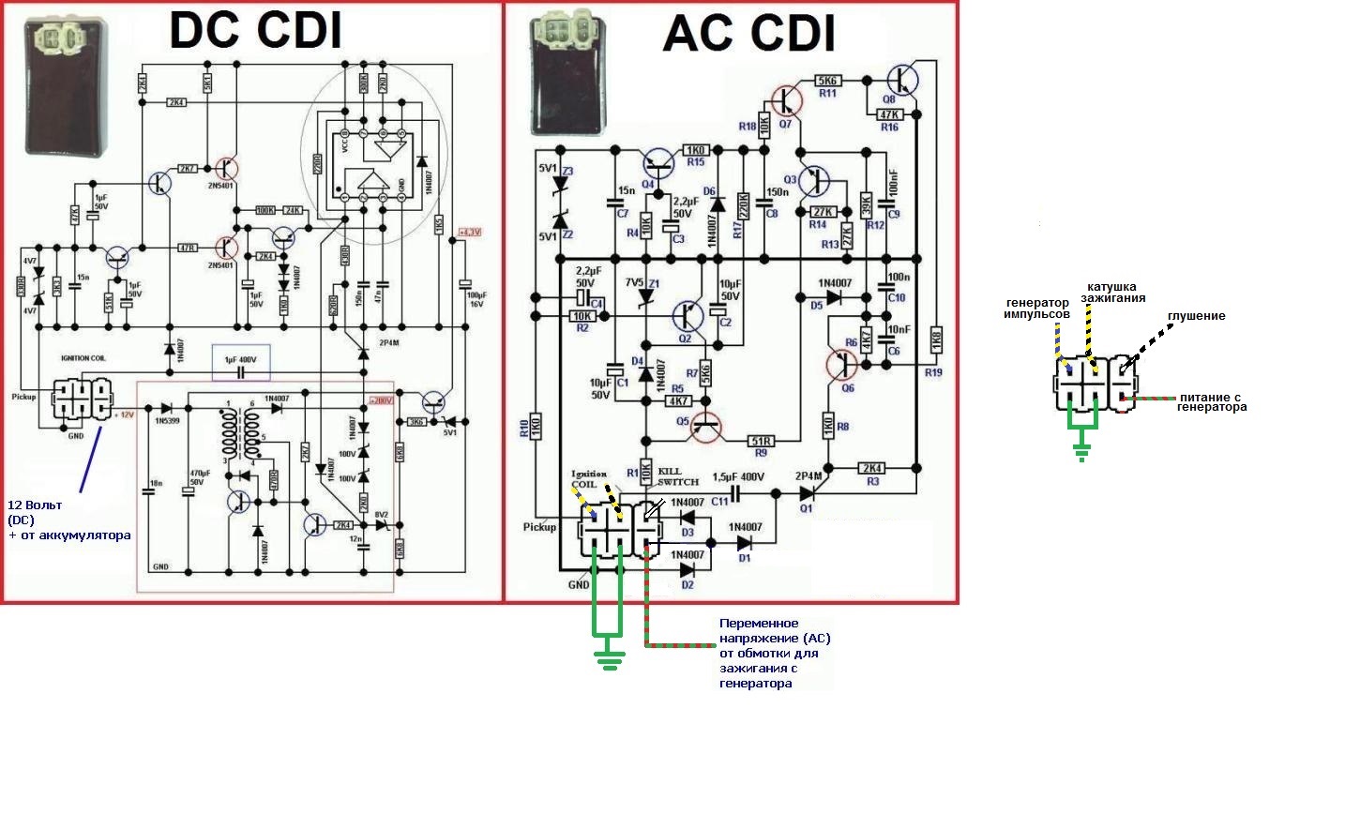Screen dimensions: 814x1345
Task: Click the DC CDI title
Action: tap(255, 30)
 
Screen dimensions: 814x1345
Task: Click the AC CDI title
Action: tap(748, 34)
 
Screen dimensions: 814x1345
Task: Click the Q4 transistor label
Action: tap(648, 184)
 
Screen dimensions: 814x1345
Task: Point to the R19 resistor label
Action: tap(933, 372)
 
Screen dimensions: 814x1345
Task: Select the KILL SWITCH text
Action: tap(678, 475)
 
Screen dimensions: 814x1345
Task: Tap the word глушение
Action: tap(1196, 316)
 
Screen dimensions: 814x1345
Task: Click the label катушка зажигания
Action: tap(1112, 293)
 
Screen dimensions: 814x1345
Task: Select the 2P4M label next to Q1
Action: tap(809, 475)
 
